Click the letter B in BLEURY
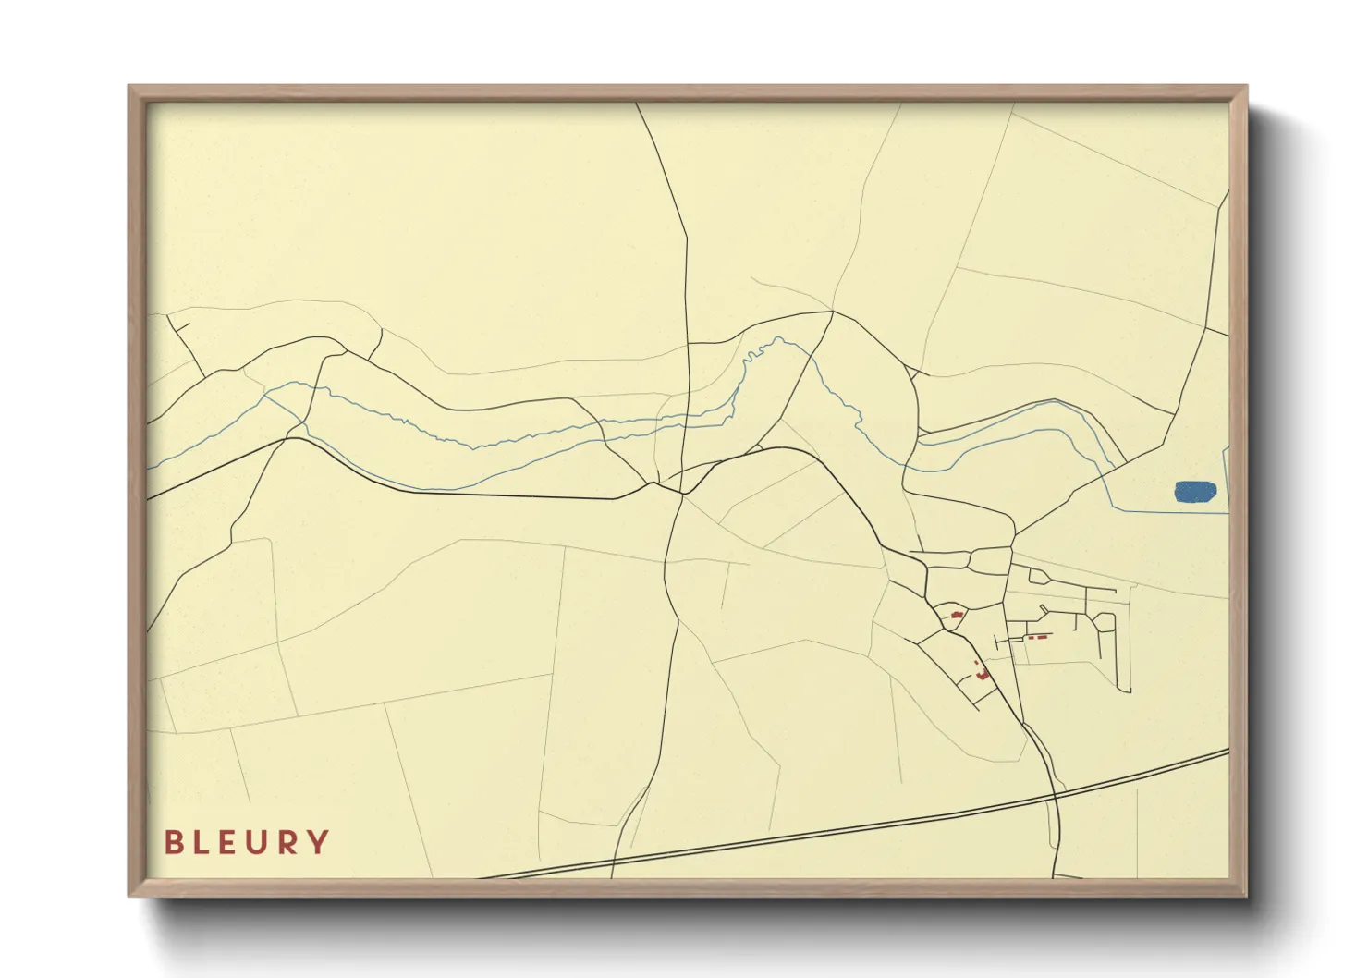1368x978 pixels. point(173,842)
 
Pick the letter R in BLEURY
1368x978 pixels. point(287,842)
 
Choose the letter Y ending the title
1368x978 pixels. point(318,842)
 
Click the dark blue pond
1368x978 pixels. point(1194,491)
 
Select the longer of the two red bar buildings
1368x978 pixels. point(1042,637)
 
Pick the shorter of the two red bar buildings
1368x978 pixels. point(1029,638)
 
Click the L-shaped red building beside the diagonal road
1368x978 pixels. point(983,675)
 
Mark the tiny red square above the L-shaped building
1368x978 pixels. point(976,663)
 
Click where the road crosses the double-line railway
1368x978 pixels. point(1056,792)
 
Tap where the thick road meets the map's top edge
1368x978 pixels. point(637,104)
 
